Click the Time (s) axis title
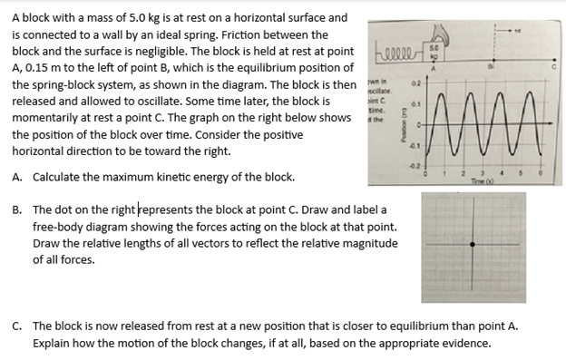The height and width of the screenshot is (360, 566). coord(496,182)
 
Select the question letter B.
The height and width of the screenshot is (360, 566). coord(17,209)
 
